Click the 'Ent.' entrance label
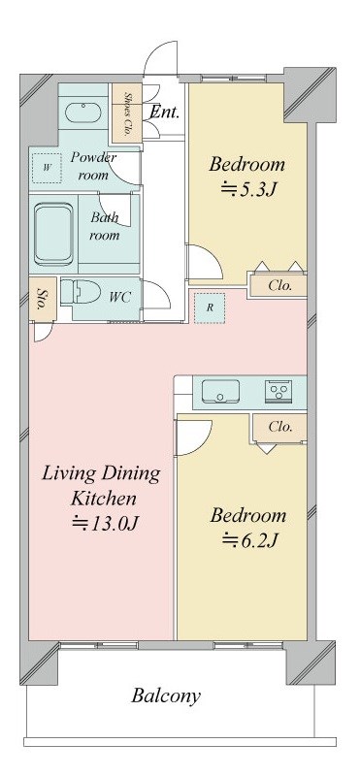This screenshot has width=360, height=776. [164, 113]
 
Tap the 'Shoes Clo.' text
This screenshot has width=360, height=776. [129, 114]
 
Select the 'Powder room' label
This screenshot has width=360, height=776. [93, 166]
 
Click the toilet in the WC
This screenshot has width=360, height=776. [82, 291]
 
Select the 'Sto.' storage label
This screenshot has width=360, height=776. [42, 298]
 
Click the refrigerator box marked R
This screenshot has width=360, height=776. [209, 307]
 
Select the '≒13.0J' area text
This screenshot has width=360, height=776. [101, 524]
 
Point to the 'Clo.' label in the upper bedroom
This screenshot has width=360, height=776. [279, 286]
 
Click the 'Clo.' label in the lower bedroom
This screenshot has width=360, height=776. [279, 427]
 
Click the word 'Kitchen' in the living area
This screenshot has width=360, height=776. [102, 499]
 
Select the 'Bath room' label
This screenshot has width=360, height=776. [105, 226]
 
